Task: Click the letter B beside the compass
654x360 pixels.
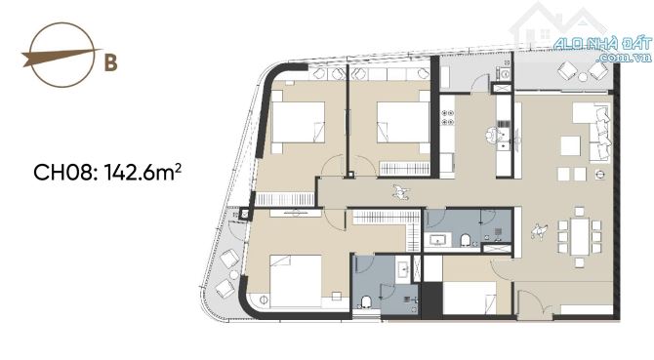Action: [x=110, y=62]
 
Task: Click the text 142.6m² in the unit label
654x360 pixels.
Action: [x=143, y=172]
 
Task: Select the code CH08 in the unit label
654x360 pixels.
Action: [x=61, y=172]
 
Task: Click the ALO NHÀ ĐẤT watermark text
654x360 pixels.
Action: [x=602, y=44]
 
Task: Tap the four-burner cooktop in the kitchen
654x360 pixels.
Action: [x=448, y=117]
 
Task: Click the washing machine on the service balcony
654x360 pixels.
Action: [x=505, y=74]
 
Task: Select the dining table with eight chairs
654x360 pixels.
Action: [x=580, y=237]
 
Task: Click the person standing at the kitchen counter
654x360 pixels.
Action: [x=493, y=135]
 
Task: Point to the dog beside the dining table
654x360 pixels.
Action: [x=539, y=230]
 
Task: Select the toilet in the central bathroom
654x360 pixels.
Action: [x=466, y=240]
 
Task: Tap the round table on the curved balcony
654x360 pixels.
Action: [x=234, y=274]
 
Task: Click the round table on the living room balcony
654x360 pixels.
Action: [x=583, y=76]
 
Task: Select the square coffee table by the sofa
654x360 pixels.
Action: [x=571, y=145]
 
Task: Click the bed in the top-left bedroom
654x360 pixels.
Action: [x=298, y=122]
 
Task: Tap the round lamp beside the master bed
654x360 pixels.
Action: [x=264, y=300]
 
